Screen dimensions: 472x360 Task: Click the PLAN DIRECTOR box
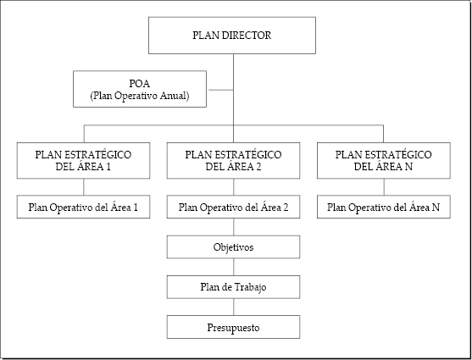pyautogui.click(x=232, y=36)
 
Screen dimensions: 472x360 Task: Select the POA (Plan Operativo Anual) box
pyautogui.click(x=140, y=89)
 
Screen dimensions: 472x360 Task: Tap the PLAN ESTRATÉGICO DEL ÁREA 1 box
pyautogui.click(x=83, y=161)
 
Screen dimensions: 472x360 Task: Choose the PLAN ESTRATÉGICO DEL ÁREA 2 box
pyautogui.click(x=233, y=161)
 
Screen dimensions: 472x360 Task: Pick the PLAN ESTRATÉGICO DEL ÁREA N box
pyautogui.click(x=384, y=161)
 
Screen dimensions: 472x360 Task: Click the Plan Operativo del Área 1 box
pyautogui.click(x=83, y=207)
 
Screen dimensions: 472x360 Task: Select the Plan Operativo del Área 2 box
pyautogui.click(x=233, y=207)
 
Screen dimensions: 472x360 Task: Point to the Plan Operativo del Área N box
pyautogui.click(x=384, y=207)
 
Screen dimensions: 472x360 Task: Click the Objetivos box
pyautogui.click(x=233, y=246)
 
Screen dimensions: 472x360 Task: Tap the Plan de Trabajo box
pyautogui.click(x=233, y=287)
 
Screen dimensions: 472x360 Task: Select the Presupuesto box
pyautogui.click(x=233, y=327)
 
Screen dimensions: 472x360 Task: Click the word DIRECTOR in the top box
pyautogui.click(x=247, y=36)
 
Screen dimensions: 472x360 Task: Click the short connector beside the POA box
pyautogui.click(x=221, y=90)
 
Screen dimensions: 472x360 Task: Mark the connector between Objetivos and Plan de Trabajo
pyautogui.click(x=234, y=267)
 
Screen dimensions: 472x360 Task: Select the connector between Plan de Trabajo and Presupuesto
pyautogui.click(x=234, y=307)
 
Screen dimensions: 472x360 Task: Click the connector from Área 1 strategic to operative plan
pyautogui.click(x=84, y=187)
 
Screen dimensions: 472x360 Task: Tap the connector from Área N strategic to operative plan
pyautogui.click(x=384, y=187)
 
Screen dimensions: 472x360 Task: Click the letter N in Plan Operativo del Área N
pyautogui.click(x=436, y=208)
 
